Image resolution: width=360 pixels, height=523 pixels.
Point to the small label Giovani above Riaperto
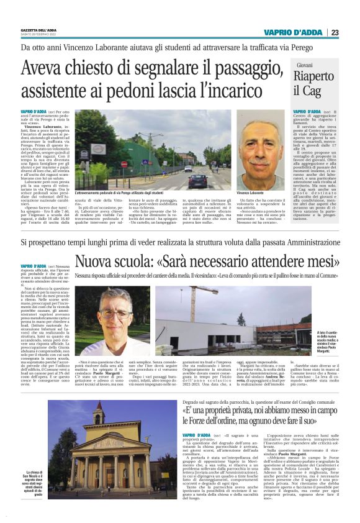pyautogui.click(x=305, y=65)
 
